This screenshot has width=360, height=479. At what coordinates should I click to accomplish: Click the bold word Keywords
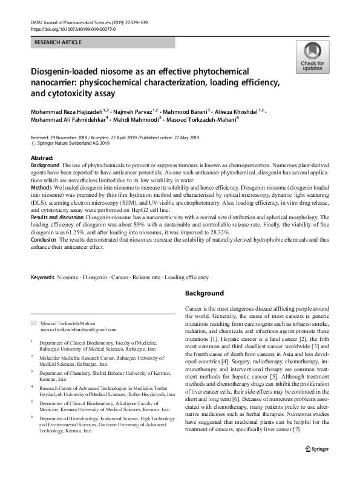pos(43,277)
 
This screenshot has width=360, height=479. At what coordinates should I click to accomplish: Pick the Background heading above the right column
pos(204,293)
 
